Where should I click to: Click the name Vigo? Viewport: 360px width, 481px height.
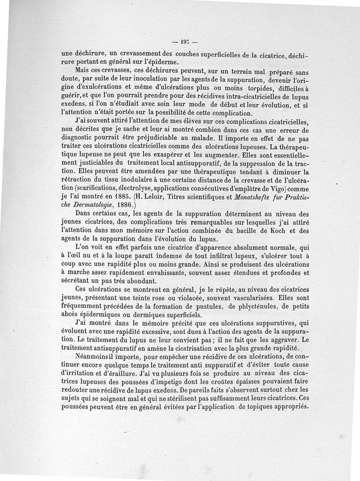(x=282, y=188)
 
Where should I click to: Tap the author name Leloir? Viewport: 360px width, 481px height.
(x=161, y=197)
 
